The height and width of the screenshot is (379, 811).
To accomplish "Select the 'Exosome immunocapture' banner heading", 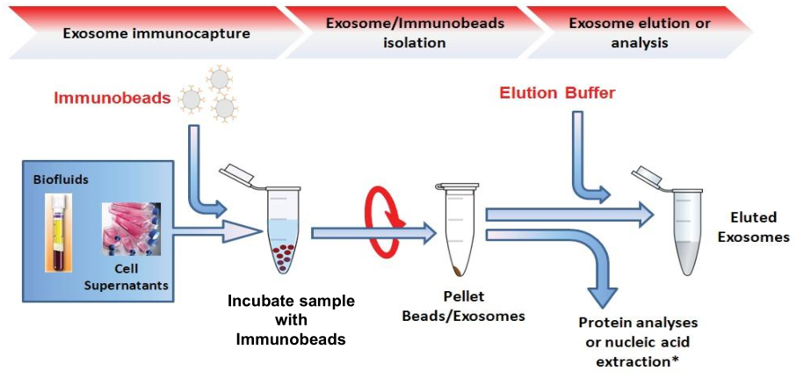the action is [x=156, y=34].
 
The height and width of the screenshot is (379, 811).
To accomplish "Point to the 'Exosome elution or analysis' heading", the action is [x=640, y=33].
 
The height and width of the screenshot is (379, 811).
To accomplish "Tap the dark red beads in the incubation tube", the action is [x=284, y=256].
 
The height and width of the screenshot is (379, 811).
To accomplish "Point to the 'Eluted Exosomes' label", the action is [x=760, y=227].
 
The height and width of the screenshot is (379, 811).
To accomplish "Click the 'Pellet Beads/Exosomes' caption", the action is [x=463, y=307].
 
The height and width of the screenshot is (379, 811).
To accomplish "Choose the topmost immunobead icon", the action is [x=221, y=79].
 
